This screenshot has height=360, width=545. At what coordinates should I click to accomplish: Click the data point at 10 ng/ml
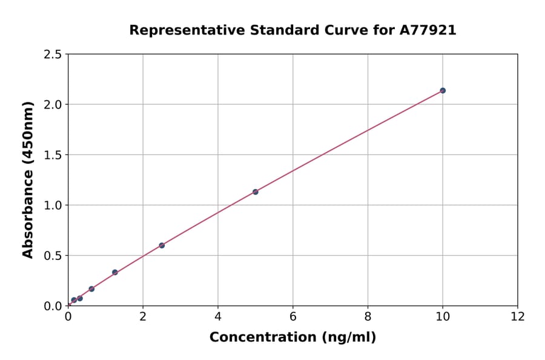[x=443, y=90]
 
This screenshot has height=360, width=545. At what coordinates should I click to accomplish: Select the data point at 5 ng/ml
[x=256, y=192]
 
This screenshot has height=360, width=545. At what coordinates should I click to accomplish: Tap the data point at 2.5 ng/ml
[x=162, y=245]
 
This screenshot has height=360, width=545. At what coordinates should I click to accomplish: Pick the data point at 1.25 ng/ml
[x=115, y=272]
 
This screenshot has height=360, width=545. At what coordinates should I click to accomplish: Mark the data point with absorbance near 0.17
[x=91, y=289]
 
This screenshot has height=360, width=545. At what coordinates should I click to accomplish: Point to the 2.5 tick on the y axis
[x=53, y=55]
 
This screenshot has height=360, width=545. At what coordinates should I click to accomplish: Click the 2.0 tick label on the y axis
[x=53, y=105]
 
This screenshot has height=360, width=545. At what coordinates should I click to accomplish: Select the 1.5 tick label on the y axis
[x=53, y=155]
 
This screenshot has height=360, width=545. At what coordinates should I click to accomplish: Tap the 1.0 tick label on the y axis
[x=53, y=205]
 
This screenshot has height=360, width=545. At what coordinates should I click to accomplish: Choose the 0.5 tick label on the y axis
[x=53, y=256]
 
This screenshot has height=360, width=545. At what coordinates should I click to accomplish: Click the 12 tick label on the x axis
[x=518, y=316]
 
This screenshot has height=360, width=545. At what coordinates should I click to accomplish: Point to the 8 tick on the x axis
[x=368, y=316]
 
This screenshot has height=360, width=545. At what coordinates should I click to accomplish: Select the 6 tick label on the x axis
[x=293, y=316]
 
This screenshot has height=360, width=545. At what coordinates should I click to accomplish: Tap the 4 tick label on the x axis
[x=218, y=316]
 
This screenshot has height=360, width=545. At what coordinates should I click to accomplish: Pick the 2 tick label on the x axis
[x=143, y=316]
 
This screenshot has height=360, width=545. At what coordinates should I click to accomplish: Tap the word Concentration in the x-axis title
[x=257, y=337]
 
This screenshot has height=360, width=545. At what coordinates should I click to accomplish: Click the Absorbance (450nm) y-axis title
[x=28, y=179]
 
